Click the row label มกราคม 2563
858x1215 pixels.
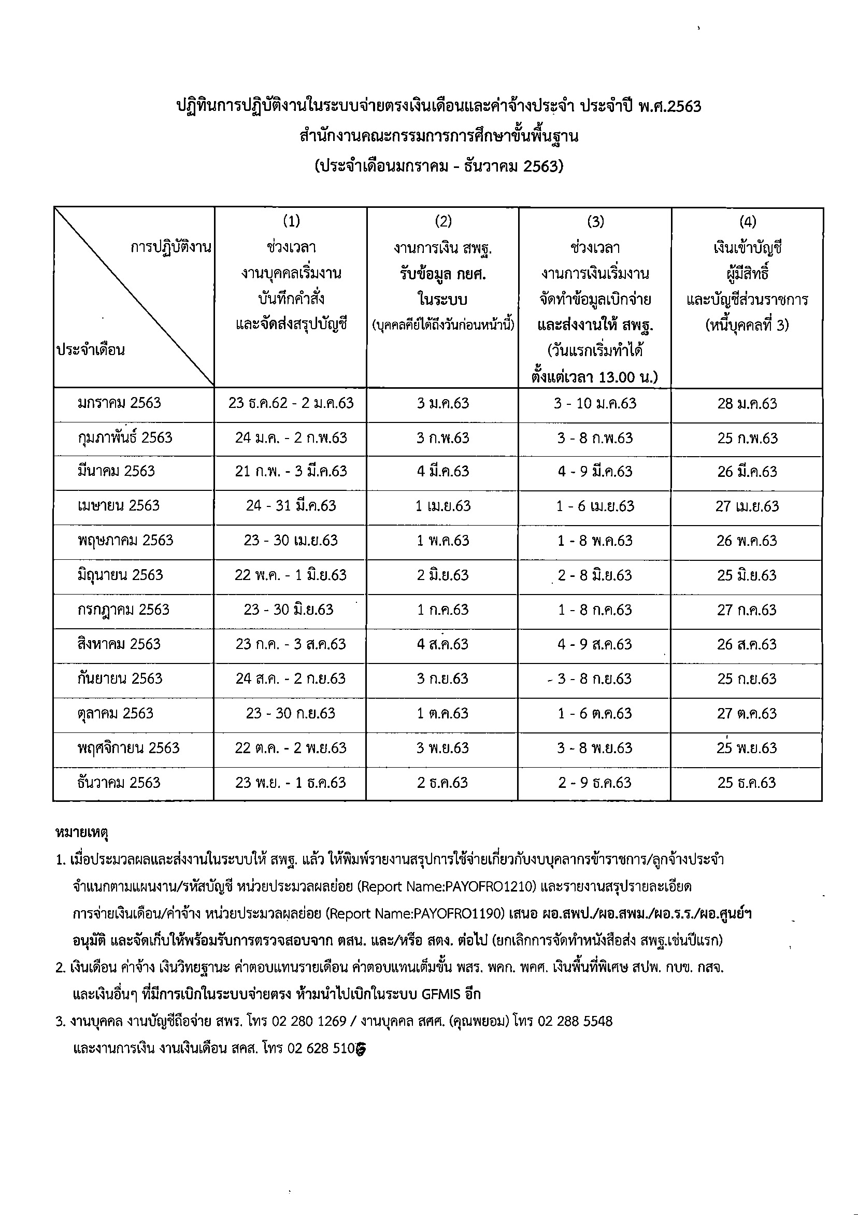pos(119,403)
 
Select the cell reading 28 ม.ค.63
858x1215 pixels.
pos(747,404)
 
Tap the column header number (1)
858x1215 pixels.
pos(291,221)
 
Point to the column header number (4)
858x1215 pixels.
pos(747,221)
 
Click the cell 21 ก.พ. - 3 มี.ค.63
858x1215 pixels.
pos(291,471)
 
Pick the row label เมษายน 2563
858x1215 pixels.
pos(119,505)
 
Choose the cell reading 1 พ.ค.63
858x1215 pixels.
pos(443,540)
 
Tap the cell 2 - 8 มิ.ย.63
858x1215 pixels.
pos(595,575)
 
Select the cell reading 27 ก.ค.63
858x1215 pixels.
pos(747,610)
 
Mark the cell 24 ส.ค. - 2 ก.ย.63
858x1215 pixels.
pos(291,679)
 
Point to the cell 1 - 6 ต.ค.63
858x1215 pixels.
pos(595,713)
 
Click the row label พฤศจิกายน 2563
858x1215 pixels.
pos(128,748)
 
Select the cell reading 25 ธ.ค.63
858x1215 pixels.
pos(747,783)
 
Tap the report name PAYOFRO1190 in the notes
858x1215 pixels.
pos(459,914)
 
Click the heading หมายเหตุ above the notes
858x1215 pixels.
pos(82,833)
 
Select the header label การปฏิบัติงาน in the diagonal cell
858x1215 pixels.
pos(171,247)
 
